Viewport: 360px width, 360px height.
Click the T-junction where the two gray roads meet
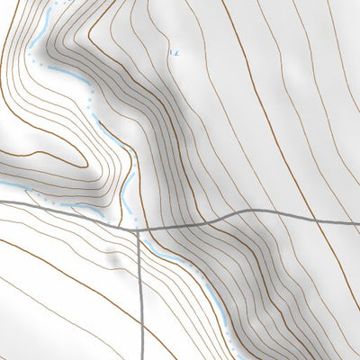137,229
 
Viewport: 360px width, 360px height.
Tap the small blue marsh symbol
175,52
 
